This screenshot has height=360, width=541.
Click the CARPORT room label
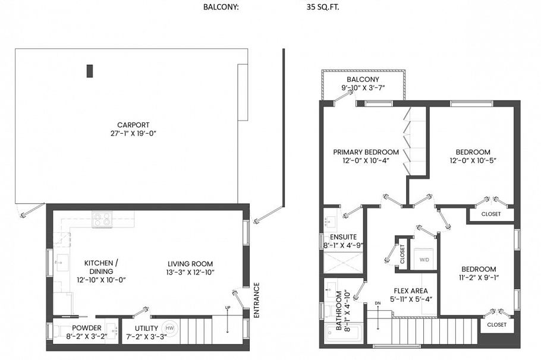click(133, 125)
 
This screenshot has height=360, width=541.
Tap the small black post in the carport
click(90, 71)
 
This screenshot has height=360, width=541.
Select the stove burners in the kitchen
click(102, 220)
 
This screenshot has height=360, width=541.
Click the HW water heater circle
click(170, 328)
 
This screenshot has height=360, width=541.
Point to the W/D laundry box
click(424, 260)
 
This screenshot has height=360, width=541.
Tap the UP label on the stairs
click(227, 308)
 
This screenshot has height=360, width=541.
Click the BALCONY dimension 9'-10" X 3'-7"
click(363, 89)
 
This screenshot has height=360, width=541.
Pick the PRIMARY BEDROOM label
click(366, 152)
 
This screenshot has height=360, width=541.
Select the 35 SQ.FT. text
click(323, 8)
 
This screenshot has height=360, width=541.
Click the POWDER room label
click(87, 328)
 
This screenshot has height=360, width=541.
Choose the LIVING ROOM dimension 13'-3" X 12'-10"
click(190, 273)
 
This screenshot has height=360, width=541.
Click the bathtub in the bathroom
click(343, 334)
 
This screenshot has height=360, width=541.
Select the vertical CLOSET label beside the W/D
click(402, 254)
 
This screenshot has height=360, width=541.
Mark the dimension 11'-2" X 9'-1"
click(479, 278)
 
